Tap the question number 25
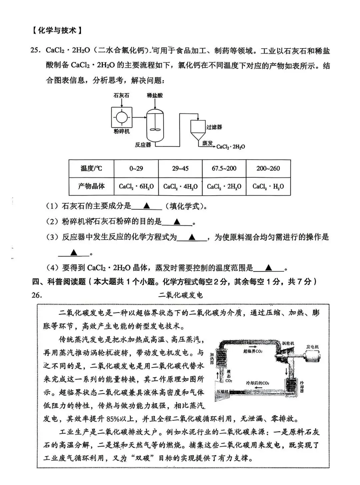pyautogui.click(x=35, y=51)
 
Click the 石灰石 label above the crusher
pyautogui.click(x=121, y=95)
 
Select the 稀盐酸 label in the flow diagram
pyautogui.click(x=155, y=95)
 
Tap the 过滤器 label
pyautogui.click(x=214, y=127)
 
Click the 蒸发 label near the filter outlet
pyautogui.click(x=207, y=143)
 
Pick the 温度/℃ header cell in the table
pyautogui.click(x=91, y=168)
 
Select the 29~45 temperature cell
pyautogui.click(x=180, y=168)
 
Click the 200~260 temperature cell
pyautogui.click(x=268, y=168)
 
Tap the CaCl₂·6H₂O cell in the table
pyautogui.click(x=136, y=187)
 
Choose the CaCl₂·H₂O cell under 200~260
pyautogui.click(x=268, y=187)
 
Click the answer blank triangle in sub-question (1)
pyautogui.click(x=146, y=206)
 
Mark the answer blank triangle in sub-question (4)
pyautogui.click(x=269, y=268)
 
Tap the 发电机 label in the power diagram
pyautogui.click(x=312, y=347)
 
